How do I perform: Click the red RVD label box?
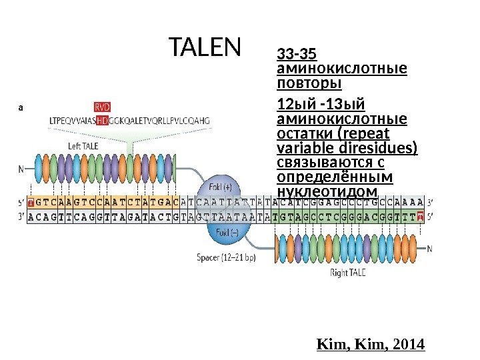pos(102,105)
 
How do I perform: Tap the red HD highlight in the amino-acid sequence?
pos(102,121)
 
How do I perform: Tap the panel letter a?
pos(21,105)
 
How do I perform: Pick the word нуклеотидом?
pos(326,193)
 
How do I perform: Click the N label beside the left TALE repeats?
pos(21,169)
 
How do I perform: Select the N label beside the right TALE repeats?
pos(429,249)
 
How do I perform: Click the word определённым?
pos(334,178)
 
